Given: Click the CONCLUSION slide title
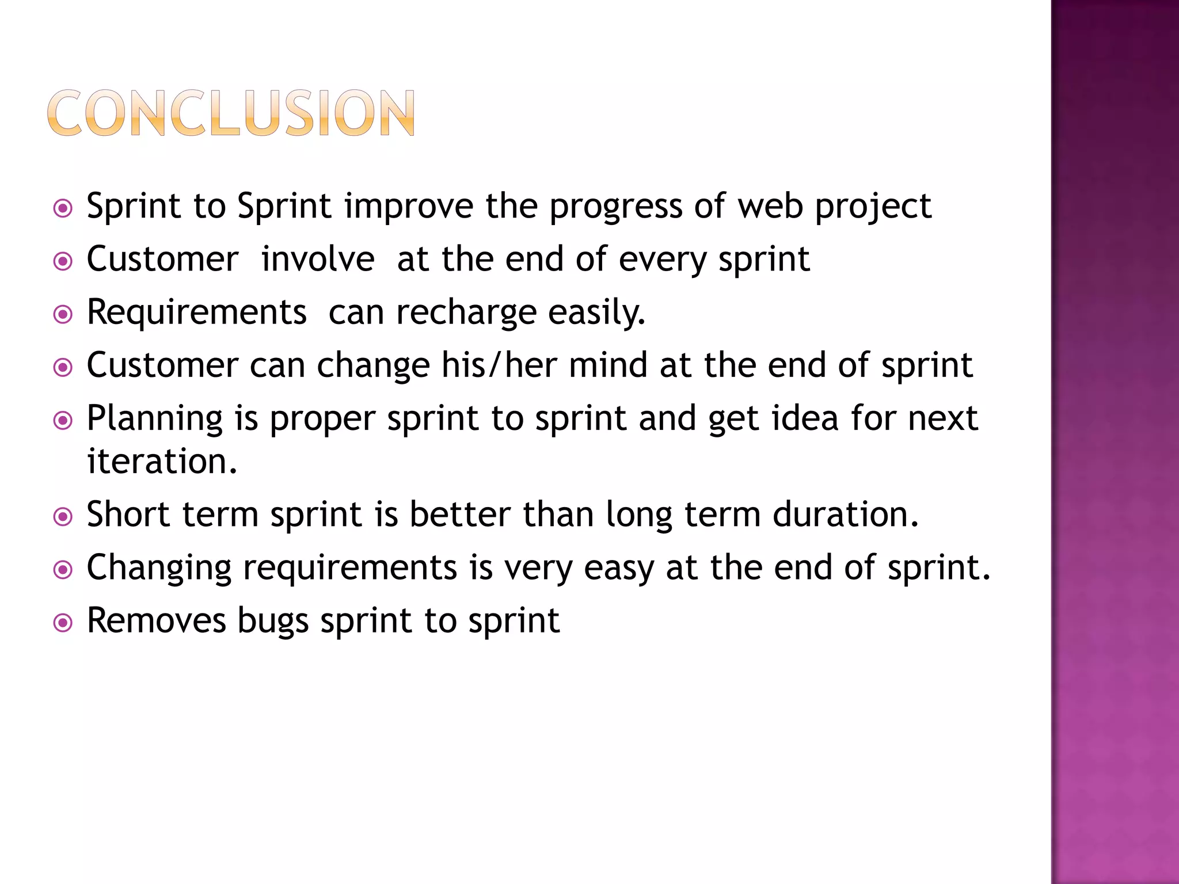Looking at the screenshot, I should [x=231, y=113].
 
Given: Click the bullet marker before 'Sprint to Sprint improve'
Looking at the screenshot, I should [x=63, y=208].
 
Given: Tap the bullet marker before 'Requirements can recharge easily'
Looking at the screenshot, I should [x=63, y=315].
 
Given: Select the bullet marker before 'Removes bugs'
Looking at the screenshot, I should [x=63, y=623].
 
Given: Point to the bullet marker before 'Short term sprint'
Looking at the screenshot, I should [x=63, y=517].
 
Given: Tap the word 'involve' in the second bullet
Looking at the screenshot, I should [x=318, y=260].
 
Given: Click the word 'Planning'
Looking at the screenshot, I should [x=154, y=419].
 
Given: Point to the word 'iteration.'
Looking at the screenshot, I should [x=162, y=462].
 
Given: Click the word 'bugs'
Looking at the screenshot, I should [x=273, y=622].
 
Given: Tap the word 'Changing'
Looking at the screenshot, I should [x=159, y=569].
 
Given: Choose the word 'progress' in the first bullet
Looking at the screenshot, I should [x=615, y=207].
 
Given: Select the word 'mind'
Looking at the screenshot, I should [x=608, y=365].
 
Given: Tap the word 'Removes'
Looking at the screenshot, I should [x=156, y=621].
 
